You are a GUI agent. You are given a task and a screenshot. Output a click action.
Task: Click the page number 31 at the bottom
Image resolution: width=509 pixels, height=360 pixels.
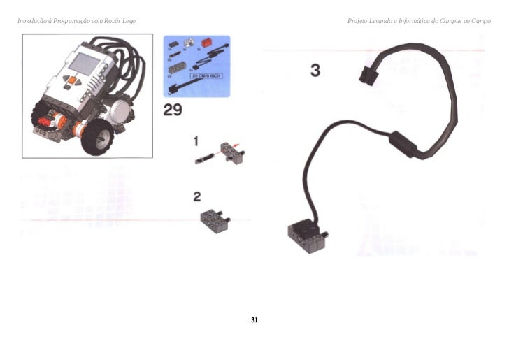tap(254, 319)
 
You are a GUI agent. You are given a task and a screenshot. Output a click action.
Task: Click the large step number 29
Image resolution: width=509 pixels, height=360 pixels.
tap(173, 110)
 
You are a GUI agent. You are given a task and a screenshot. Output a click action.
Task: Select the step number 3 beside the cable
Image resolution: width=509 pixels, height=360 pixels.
tap(315, 71)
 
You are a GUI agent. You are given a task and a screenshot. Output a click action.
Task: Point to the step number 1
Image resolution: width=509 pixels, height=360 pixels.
tap(197, 142)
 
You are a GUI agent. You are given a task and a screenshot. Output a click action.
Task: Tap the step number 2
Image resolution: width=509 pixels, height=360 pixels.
tap(197, 196)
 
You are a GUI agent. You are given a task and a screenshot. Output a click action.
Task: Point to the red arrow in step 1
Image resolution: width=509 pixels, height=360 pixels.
tap(240, 145)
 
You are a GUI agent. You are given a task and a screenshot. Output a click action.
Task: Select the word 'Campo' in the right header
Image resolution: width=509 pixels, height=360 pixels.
tap(481, 21)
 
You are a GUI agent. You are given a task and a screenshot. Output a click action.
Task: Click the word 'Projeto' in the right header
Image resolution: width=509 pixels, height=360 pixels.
tap(357, 21)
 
